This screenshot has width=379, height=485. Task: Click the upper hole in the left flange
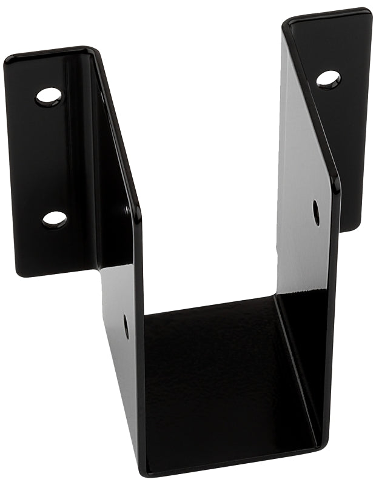[49, 96]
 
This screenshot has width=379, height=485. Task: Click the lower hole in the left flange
[55, 219]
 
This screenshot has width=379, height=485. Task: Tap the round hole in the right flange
[328, 79]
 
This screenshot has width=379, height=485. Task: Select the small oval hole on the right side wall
[316, 212]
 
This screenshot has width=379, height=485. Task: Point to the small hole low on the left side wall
[126, 326]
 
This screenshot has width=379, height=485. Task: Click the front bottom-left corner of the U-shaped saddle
[143, 471]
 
